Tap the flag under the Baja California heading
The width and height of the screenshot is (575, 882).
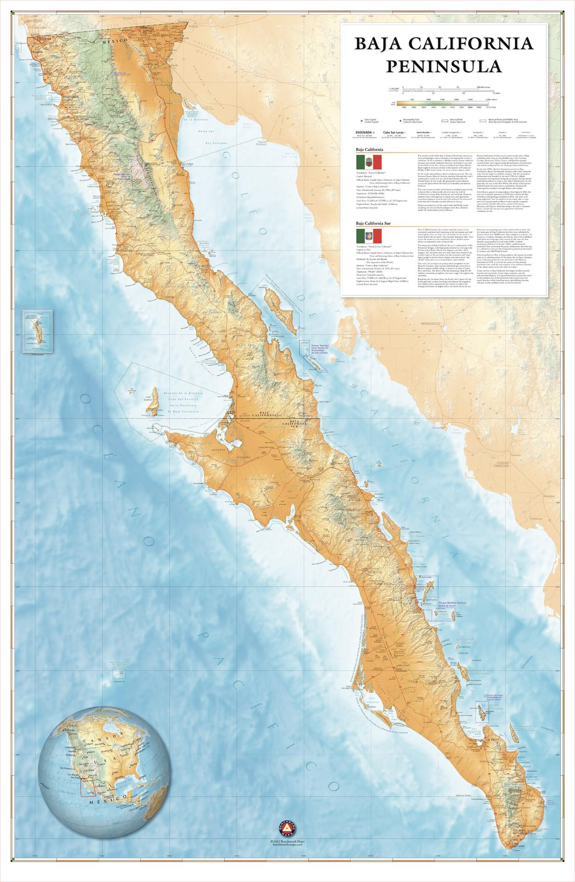coord(369,162)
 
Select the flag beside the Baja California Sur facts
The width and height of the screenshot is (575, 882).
coord(369,237)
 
